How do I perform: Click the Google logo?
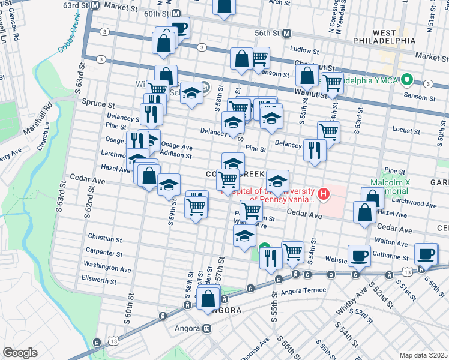pos(20,353)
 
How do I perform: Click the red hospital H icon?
pos(324,194)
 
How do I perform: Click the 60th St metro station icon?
pos(176,13)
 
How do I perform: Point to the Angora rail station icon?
pos(208,329)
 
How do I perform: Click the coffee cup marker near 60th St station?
pos(179,27)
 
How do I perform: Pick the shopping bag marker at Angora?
pos(208,298)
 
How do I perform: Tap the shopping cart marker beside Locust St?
pos(328,132)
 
